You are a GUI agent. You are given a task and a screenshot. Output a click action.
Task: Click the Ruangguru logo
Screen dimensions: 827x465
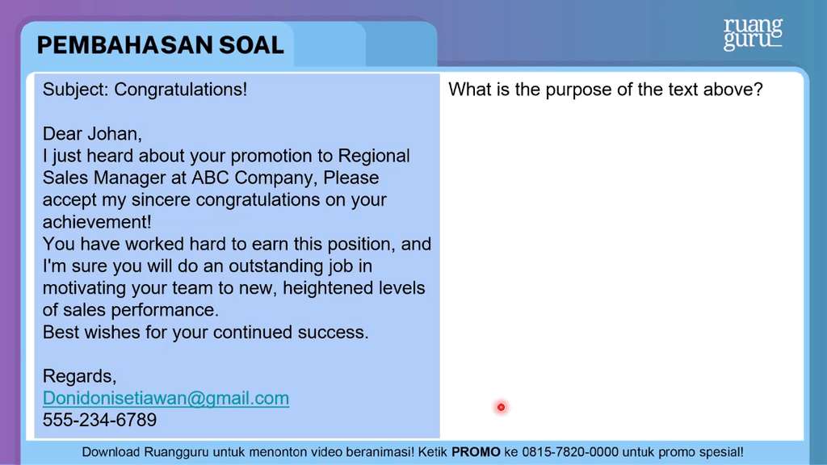tap(753, 34)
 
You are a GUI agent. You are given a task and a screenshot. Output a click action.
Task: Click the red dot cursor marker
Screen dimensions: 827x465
tap(501, 407)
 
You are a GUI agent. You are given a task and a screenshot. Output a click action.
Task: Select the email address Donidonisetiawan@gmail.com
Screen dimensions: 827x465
tap(166, 398)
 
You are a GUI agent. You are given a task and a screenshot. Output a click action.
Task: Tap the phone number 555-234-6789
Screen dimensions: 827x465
tap(99, 420)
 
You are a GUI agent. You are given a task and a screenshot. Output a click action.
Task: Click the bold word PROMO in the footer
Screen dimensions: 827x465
tap(476, 452)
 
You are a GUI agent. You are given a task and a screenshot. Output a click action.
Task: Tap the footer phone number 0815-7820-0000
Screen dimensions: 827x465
tap(570, 452)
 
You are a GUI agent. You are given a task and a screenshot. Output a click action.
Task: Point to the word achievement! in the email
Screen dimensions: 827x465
tap(97, 222)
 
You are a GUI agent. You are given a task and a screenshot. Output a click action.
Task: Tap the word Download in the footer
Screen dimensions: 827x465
tap(111, 452)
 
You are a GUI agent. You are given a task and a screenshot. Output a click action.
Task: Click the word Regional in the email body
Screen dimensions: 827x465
tap(374, 157)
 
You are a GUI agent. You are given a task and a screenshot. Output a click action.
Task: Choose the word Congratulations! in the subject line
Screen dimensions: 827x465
tap(180, 90)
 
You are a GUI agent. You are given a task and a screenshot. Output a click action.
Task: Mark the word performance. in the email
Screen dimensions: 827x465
tap(165, 311)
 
